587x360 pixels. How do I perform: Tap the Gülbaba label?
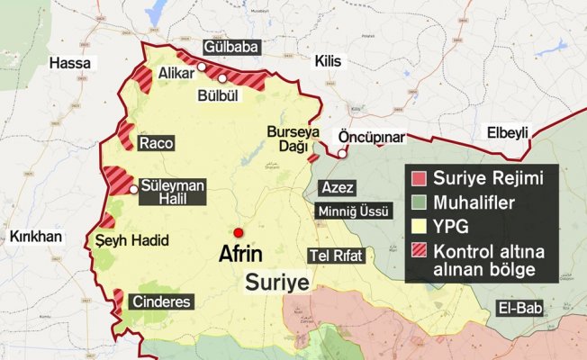[x=231, y=46]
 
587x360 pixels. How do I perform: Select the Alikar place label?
[x=176, y=73]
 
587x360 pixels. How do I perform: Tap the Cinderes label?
[x=162, y=301]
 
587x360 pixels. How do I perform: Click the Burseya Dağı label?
[x=293, y=138]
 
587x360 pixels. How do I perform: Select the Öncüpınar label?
[x=372, y=138]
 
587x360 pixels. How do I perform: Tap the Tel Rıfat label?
[x=336, y=256]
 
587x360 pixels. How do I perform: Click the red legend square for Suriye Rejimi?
[x=419, y=178]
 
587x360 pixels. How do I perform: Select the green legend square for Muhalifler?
[x=419, y=202]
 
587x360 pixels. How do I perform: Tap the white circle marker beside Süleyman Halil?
[x=134, y=190]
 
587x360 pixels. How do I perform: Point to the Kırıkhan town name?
[x=34, y=236]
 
